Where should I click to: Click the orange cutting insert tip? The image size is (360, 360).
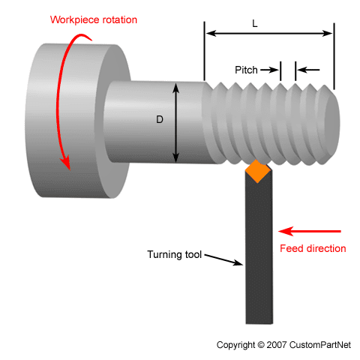(x=258, y=172)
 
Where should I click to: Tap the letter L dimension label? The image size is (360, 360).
(x=255, y=23)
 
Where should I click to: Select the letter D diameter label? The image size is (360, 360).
(x=160, y=119)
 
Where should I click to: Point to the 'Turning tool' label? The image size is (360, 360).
(x=175, y=253)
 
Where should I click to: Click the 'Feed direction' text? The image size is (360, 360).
(x=313, y=248)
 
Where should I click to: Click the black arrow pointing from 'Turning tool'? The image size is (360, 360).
(x=225, y=259)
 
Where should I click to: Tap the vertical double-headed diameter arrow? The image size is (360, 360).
(x=177, y=122)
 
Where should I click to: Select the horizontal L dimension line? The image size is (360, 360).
(x=268, y=33)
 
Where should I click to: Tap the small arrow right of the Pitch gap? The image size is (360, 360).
(x=308, y=70)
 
